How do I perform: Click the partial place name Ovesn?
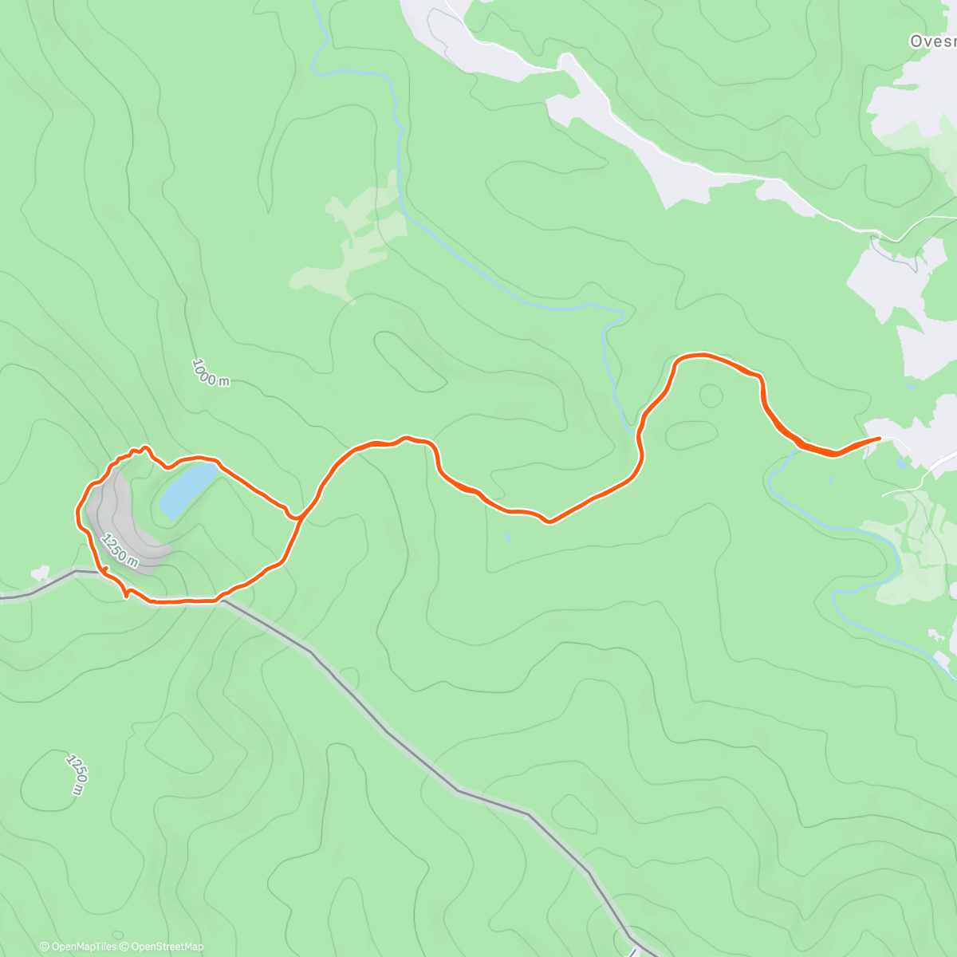click(x=932, y=41)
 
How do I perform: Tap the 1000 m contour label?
click(x=211, y=373)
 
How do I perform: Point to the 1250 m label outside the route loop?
click(x=76, y=773)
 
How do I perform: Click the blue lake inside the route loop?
click(x=187, y=490)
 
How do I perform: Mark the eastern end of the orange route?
click(x=879, y=438)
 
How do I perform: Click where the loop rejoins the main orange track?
click(x=297, y=517)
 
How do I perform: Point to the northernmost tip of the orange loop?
click(x=144, y=447)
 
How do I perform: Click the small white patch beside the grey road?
click(x=41, y=573)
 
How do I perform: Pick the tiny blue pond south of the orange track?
click(x=508, y=539)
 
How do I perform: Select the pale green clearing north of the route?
click(x=351, y=239)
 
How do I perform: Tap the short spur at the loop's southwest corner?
click(x=127, y=594)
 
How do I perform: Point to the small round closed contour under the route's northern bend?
click(x=710, y=394)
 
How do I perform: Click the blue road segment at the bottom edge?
click(x=633, y=951)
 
